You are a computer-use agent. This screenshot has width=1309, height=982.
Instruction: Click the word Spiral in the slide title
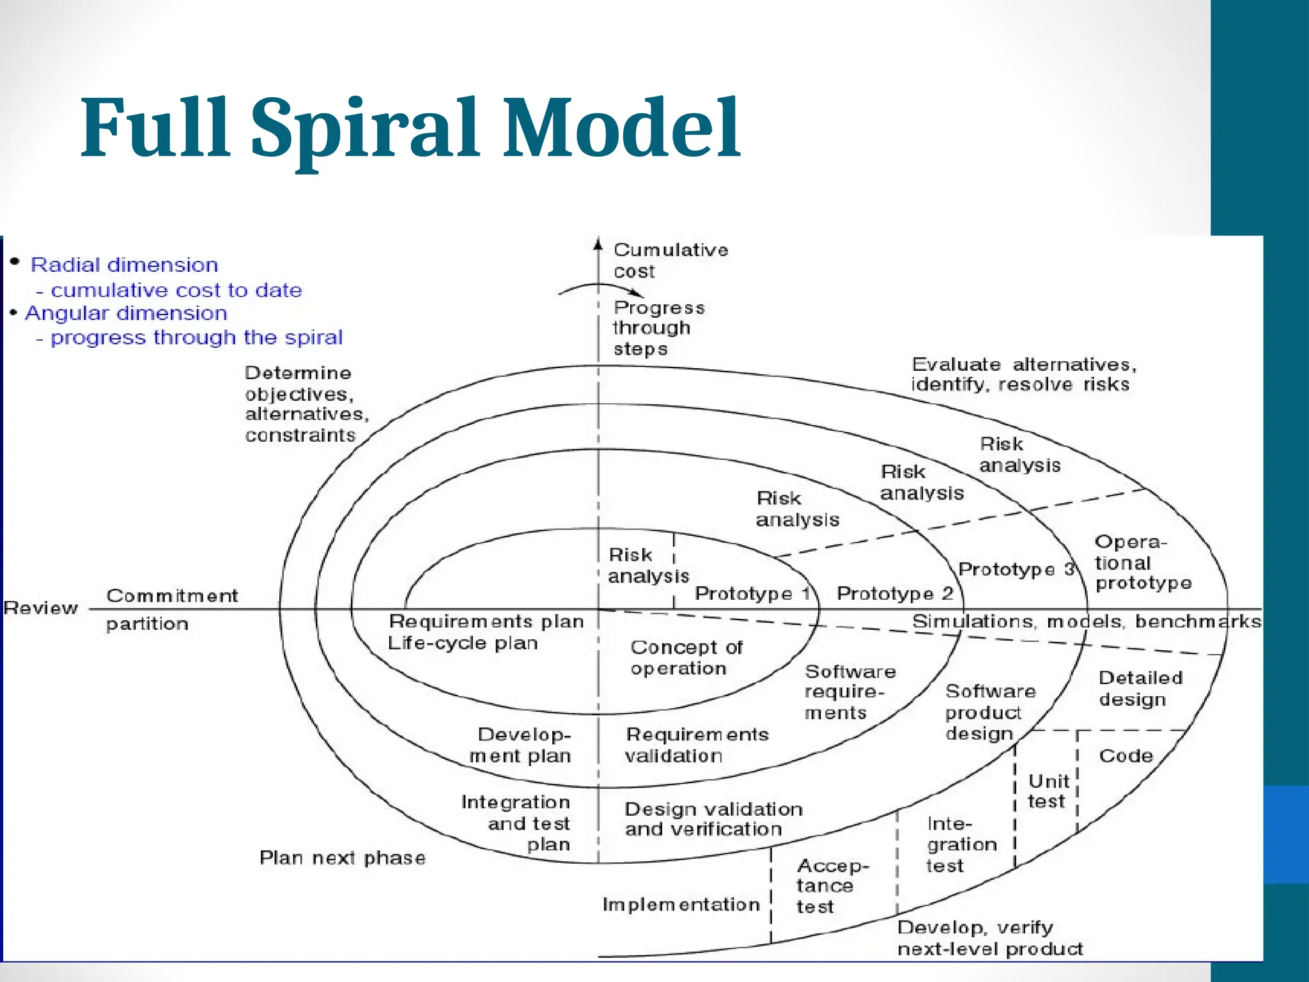point(364,128)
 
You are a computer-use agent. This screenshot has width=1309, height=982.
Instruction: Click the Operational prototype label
point(1142,563)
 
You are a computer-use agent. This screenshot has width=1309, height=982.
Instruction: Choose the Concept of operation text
point(685,658)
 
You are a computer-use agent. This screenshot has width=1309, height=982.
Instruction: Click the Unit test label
point(1048,791)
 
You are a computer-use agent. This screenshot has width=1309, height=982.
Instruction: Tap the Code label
point(1126,756)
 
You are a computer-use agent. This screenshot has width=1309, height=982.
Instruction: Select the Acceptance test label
point(831,885)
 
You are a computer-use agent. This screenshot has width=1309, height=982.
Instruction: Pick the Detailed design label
point(1140,689)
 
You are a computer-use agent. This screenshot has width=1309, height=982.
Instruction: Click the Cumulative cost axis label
point(670,260)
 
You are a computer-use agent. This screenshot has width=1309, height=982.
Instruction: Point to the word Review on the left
point(41,608)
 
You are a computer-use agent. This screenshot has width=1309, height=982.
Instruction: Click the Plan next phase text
point(342,858)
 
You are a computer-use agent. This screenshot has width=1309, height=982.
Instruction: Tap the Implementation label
point(681,905)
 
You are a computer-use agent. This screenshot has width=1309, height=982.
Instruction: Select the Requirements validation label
point(695,745)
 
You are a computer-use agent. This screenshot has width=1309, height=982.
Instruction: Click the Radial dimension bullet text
point(125,265)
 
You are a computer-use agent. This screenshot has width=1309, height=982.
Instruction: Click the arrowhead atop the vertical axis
point(598,244)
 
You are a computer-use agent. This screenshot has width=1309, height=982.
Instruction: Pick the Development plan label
point(522,745)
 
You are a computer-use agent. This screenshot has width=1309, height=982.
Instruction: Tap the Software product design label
point(989,712)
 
